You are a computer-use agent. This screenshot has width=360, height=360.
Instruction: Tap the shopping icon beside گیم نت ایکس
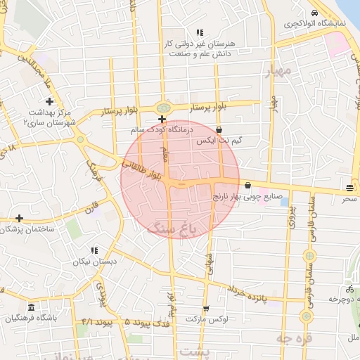[219, 129]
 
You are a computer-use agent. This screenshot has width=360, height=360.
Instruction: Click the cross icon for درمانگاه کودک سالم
[162, 120]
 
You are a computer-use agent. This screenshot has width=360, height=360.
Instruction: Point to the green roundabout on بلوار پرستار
[163, 108]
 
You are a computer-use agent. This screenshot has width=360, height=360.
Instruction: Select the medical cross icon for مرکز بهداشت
[50, 102]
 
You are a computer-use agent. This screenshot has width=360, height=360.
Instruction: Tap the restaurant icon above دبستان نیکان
[94, 250]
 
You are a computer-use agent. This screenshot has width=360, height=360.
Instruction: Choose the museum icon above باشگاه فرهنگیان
[31, 308]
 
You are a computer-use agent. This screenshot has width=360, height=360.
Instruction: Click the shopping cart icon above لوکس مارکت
[205, 309]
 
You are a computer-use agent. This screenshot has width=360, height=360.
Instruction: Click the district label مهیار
[277, 72]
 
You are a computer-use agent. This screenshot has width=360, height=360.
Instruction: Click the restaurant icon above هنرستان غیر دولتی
[200, 32]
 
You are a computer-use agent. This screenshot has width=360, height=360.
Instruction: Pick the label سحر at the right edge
[349, 200]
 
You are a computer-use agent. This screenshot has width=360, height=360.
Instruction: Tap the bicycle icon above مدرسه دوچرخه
[349, 288]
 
